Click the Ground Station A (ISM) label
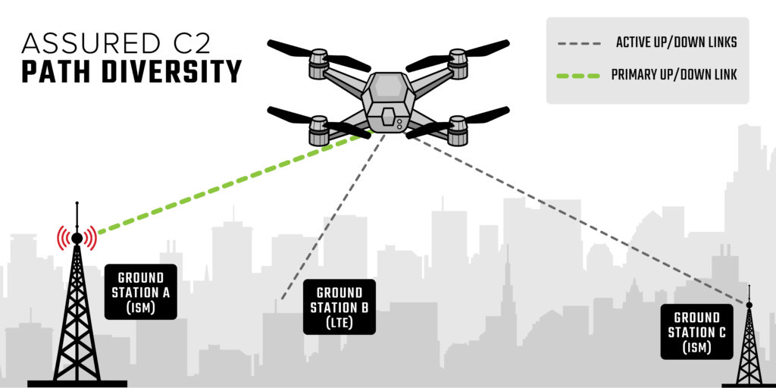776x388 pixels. pyautogui.click(x=140, y=292)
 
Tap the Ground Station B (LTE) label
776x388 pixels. pyautogui.click(x=339, y=308)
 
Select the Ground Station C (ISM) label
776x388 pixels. pyautogui.click(x=697, y=332)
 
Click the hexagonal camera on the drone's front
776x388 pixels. pyautogui.click(x=387, y=118)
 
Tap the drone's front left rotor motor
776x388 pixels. pyautogui.click(x=319, y=130)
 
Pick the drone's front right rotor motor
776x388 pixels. pyautogui.click(x=458, y=130)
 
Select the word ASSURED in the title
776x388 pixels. pyautogui.click(x=87, y=43)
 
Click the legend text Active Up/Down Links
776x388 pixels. pyautogui.click(x=677, y=43)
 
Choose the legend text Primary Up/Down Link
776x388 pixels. pyautogui.click(x=674, y=75)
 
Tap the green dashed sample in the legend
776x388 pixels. pyautogui.click(x=578, y=77)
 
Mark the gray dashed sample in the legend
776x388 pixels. pyautogui.click(x=579, y=44)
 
